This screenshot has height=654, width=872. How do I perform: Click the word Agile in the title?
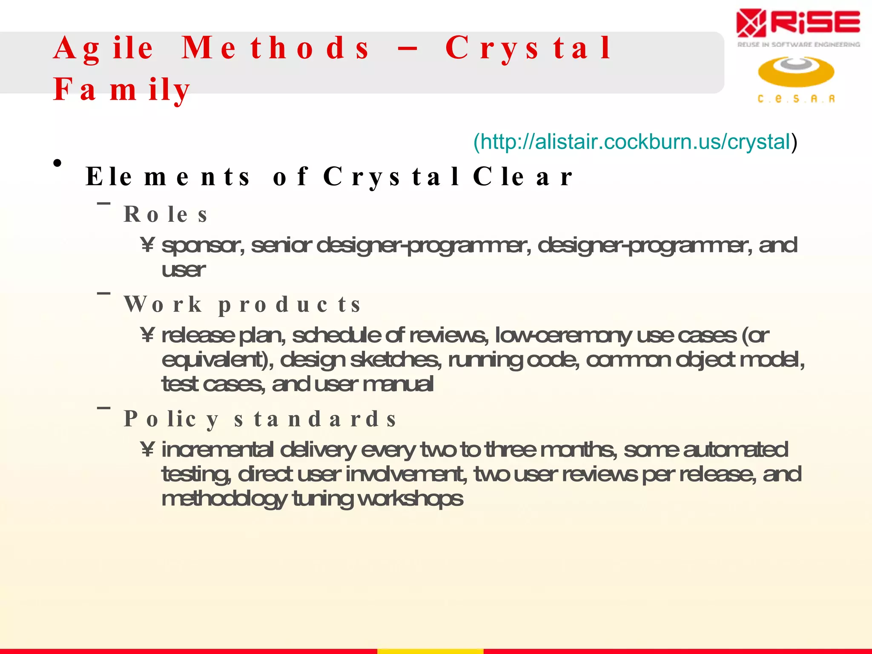(x=103, y=48)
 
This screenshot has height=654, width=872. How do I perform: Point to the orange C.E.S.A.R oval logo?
(x=796, y=72)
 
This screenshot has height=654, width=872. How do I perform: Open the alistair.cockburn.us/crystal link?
(x=635, y=142)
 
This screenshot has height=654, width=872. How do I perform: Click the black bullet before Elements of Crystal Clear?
(x=58, y=163)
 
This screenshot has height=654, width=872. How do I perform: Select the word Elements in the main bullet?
(x=168, y=176)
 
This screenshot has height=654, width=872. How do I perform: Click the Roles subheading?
(x=166, y=214)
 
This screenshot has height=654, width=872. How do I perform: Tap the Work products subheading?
(x=242, y=304)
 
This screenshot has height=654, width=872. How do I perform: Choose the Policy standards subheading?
(x=260, y=419)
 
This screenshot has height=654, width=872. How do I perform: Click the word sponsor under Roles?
(x=203, y=246)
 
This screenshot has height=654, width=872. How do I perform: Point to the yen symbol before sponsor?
(x=147, y=245)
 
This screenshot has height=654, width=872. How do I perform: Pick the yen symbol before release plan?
(x=147, y=335)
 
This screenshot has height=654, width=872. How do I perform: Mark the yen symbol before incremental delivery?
(x=147, y=449)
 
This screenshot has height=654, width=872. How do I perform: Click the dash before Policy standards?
(x=103, y=408)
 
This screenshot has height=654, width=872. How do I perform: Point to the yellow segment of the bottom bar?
(x=430, y=651)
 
